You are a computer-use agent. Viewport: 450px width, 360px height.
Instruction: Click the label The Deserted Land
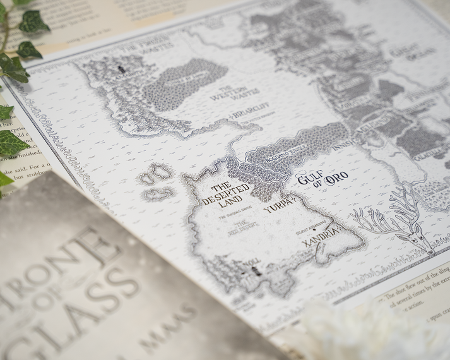(x=231, y=195)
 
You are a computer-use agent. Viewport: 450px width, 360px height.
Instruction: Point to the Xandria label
(x=321, y=243)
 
